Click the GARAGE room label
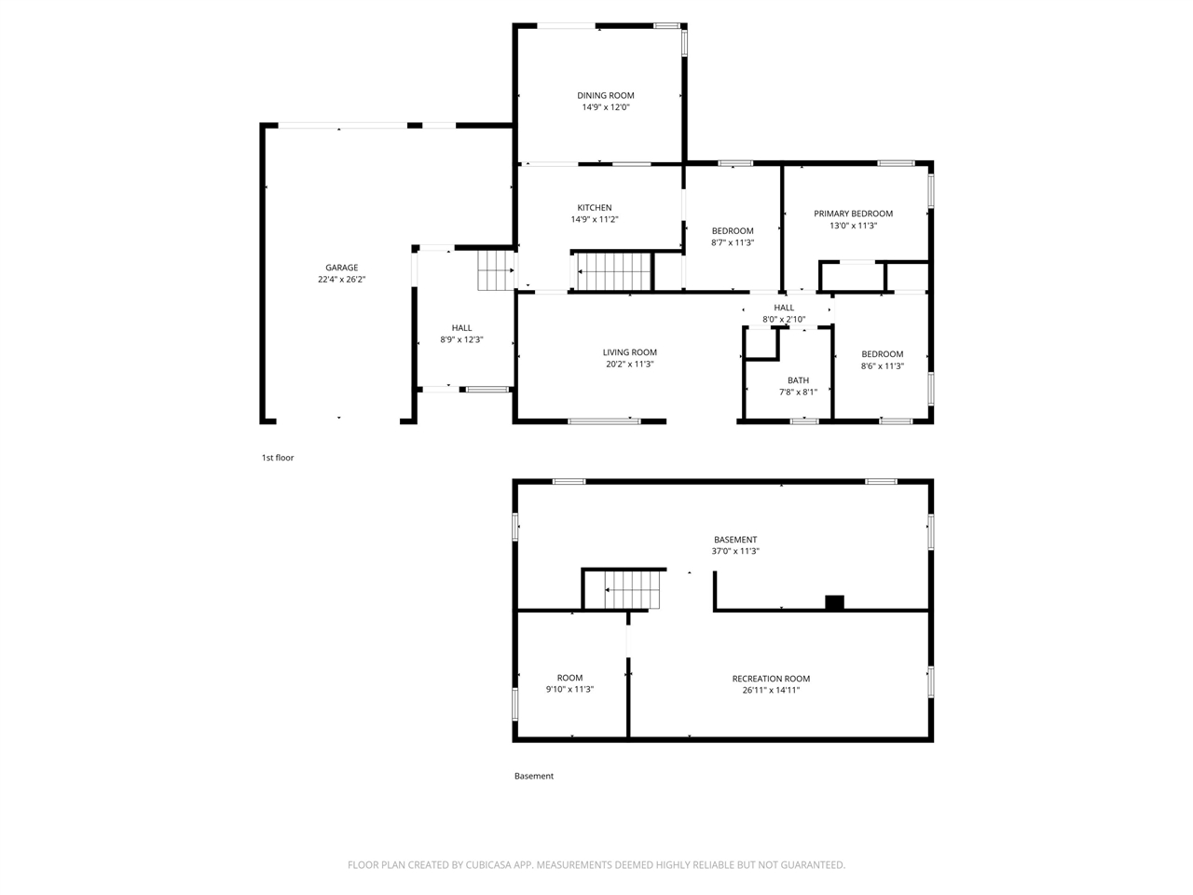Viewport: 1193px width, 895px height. [x=341, y=268]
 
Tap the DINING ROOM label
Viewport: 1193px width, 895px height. [x=606, y=95]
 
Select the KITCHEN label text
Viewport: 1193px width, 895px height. [x=594, y=208]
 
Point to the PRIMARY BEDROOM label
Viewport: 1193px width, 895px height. [x=853, y=213]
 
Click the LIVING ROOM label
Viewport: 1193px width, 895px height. [x=629, y=352]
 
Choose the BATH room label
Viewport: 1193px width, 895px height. [x=798, y=380]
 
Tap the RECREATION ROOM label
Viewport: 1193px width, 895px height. [x=771, y=678]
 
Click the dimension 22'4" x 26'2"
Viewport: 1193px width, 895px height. [x=341, y=280]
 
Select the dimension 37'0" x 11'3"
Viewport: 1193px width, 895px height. [x=734, y=551]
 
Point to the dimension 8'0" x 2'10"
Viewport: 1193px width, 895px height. [x=784, y=320]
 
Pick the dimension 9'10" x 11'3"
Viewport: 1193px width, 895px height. [x=569, y=689]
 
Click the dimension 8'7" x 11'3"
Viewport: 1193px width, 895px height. [x=732, y=242]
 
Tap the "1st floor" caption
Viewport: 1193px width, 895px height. [x=278, y=458]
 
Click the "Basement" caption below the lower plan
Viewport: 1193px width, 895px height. [x=534, y=776]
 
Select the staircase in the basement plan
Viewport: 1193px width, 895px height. [x=632, y=590]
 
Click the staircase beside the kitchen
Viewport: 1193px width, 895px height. [x=614, y=271]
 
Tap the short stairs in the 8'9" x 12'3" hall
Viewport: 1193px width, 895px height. [x=496, y=270]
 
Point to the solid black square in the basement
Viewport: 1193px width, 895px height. [x=834, y=602]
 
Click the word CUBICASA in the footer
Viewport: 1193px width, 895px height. [x=488, y=864]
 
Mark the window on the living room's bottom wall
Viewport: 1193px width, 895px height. [x=604, y=421]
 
